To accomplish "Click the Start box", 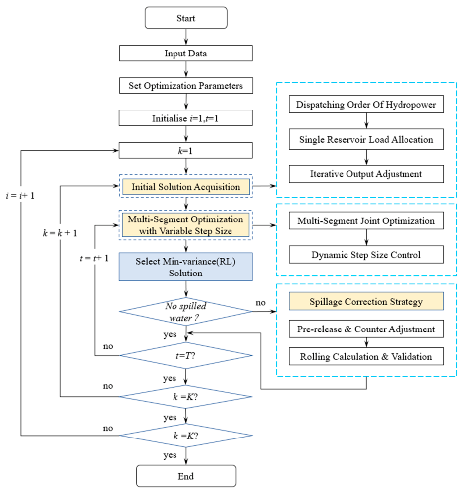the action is [186, 18].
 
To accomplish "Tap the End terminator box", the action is [186, 476].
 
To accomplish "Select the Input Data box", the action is [186, 53].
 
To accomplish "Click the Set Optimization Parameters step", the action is [186, 86].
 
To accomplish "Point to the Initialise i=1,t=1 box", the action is [185, 118].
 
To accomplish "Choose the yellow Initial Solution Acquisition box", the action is [186, 187].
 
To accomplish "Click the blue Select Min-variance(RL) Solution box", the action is [185, 267].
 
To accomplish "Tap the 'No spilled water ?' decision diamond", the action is [185, 312].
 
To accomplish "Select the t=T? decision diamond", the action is [186, 356].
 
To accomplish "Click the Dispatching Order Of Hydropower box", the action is [366, 104].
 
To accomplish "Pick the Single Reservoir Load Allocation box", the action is [366, 139].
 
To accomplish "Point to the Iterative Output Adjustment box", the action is [366, 174].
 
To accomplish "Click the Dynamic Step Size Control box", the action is [366, 254].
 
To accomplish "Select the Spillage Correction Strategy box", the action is [366, 301].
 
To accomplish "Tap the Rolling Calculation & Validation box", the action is [366, 356].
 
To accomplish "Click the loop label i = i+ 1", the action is [20, 196].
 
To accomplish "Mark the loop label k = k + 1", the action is [60, 233].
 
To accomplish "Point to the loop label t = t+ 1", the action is [94, 258].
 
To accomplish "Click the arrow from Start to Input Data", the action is [186, 37].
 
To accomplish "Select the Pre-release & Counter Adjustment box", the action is [366, 329].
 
